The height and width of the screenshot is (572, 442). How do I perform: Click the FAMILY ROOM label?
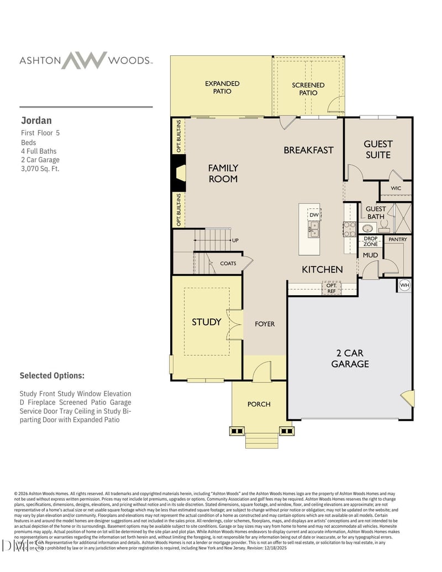(x=223, y=173)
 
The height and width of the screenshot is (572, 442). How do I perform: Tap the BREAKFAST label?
(x=308, y=150)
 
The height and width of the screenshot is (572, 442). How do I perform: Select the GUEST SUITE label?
(x=378, y=149)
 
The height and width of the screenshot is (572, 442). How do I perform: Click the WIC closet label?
(x=396, y=188)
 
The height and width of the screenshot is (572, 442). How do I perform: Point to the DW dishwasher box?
(x=314, y=214)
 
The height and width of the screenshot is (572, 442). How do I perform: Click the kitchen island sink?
(x=313, y=229)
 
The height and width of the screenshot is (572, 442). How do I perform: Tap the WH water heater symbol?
(x=404, y=285)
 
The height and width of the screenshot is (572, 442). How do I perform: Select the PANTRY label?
(x=397, y=239)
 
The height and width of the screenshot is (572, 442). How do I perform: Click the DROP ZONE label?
(x=370, y=241)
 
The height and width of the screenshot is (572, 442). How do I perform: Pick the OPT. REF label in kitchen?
(x=331, y=288)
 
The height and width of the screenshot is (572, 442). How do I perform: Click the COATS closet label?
(x=228, y=263)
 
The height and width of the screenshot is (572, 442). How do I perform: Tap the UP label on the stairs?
(x=235, y=240)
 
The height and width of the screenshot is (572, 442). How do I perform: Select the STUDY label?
(x=206, y=322)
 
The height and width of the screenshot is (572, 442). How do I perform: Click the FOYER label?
(x=265, y=324)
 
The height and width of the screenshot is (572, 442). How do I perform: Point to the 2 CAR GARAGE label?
(x=350, y=358)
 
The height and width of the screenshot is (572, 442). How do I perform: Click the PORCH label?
(x=259, y=404)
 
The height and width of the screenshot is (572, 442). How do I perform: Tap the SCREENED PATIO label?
(x=308, y=89)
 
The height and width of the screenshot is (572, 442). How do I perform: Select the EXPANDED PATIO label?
(x=222, y=87)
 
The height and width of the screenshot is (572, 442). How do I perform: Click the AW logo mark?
(x=84, y=60)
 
